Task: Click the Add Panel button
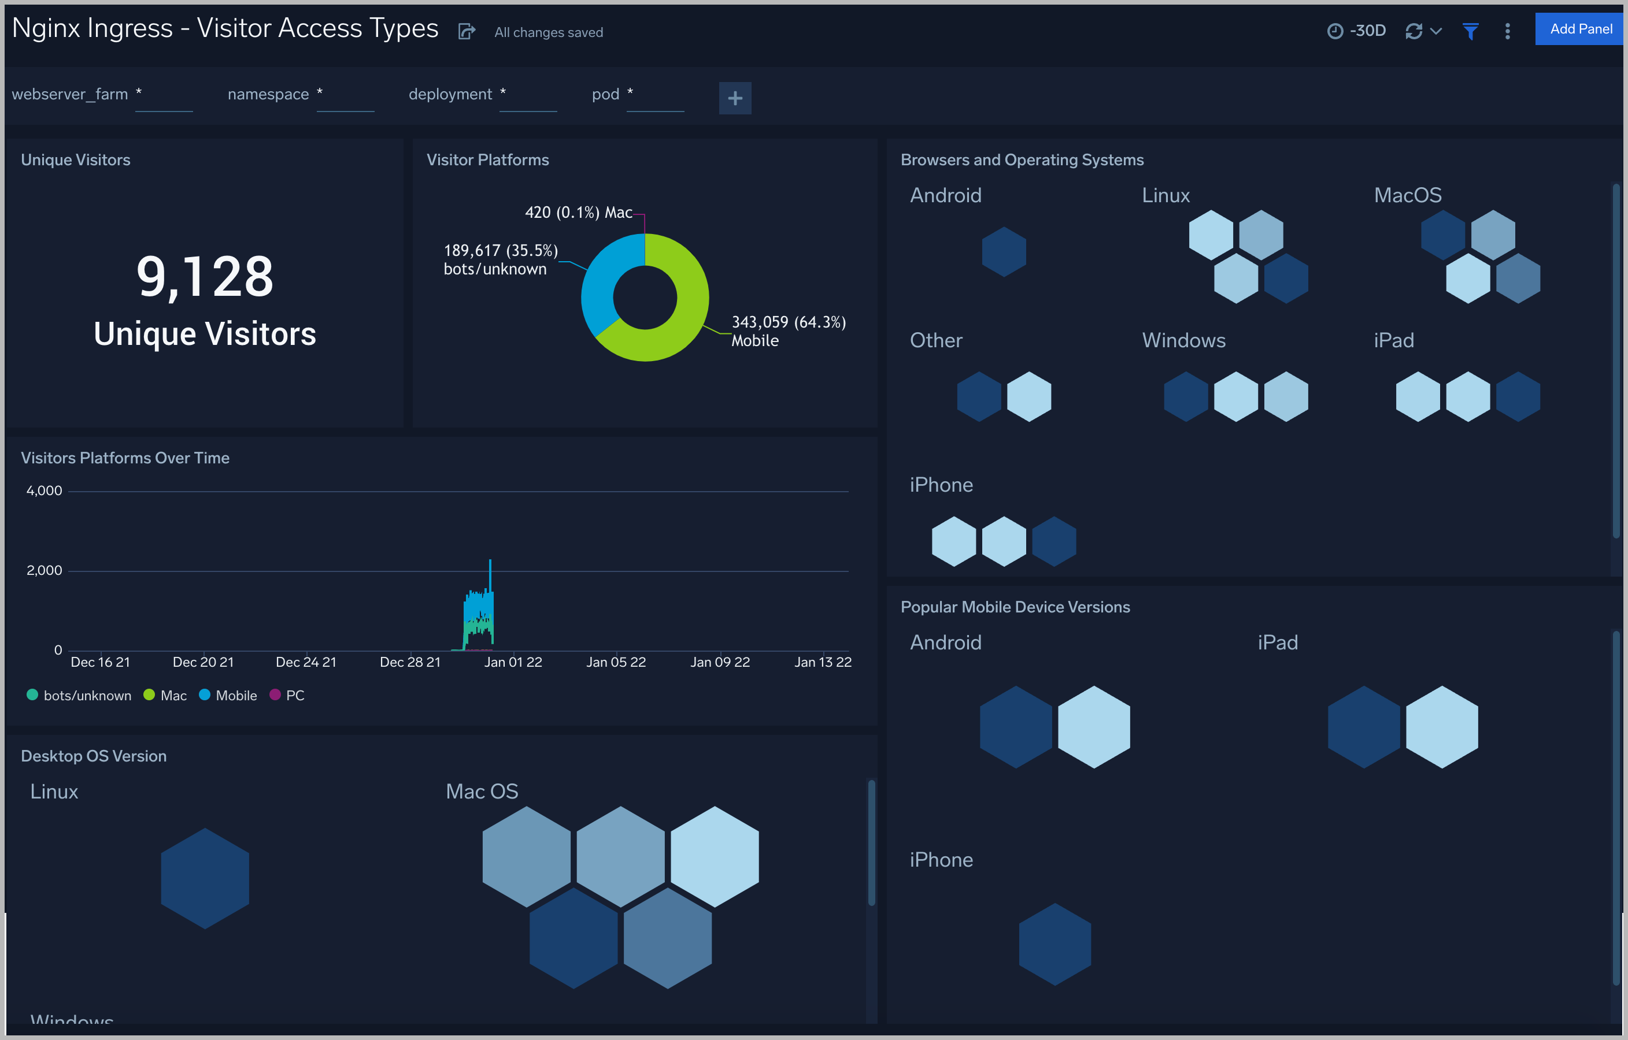click(x=1579, y=29)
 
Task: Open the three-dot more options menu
click(x=1507, y=31)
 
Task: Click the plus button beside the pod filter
click(x=735, y=98)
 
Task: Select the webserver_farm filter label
click(x=69, y=94)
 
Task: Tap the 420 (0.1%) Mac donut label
click(x=578, y=212)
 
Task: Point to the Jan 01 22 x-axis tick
click(x=513, y=662)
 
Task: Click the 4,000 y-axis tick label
click(x=44, y=491)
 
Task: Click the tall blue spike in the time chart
click(x=490, y=574)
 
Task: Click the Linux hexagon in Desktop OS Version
click(x=205, y=878)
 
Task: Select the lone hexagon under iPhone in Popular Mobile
click(x=1054, y=944)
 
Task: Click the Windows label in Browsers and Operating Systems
click(x=1183, y=340)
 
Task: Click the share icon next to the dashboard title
click(x=467, y=32)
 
